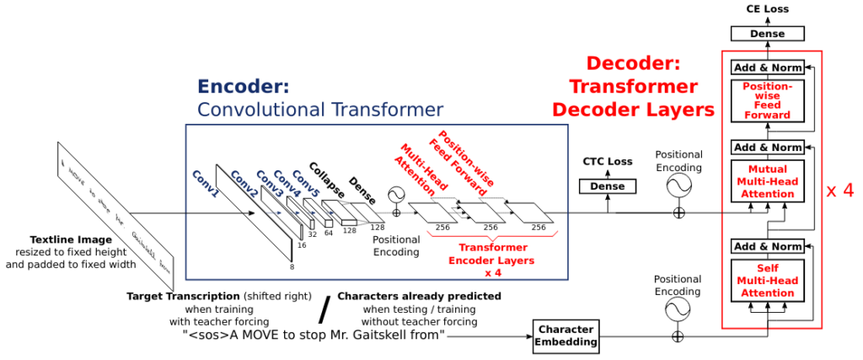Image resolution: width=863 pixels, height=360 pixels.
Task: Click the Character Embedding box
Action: click(x=566, y=335)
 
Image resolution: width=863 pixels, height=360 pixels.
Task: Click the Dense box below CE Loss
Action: click(x=766, y=34)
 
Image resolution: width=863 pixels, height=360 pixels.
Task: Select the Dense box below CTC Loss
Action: click(x=606, y=185)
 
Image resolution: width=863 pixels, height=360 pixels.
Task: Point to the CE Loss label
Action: click(x=766, y=9)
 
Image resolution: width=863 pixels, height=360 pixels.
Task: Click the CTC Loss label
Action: click(x=607, y=161)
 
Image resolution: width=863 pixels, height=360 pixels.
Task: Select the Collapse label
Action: click(x=324, y=179)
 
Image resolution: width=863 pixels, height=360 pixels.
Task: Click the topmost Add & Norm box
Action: click(x=766, y=67)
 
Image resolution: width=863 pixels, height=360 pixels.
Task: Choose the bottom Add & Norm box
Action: click(x=766, y=246)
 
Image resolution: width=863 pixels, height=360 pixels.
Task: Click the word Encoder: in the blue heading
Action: click(x=243, y=87)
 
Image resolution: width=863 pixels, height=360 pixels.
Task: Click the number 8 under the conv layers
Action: click(x=292, y=266)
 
